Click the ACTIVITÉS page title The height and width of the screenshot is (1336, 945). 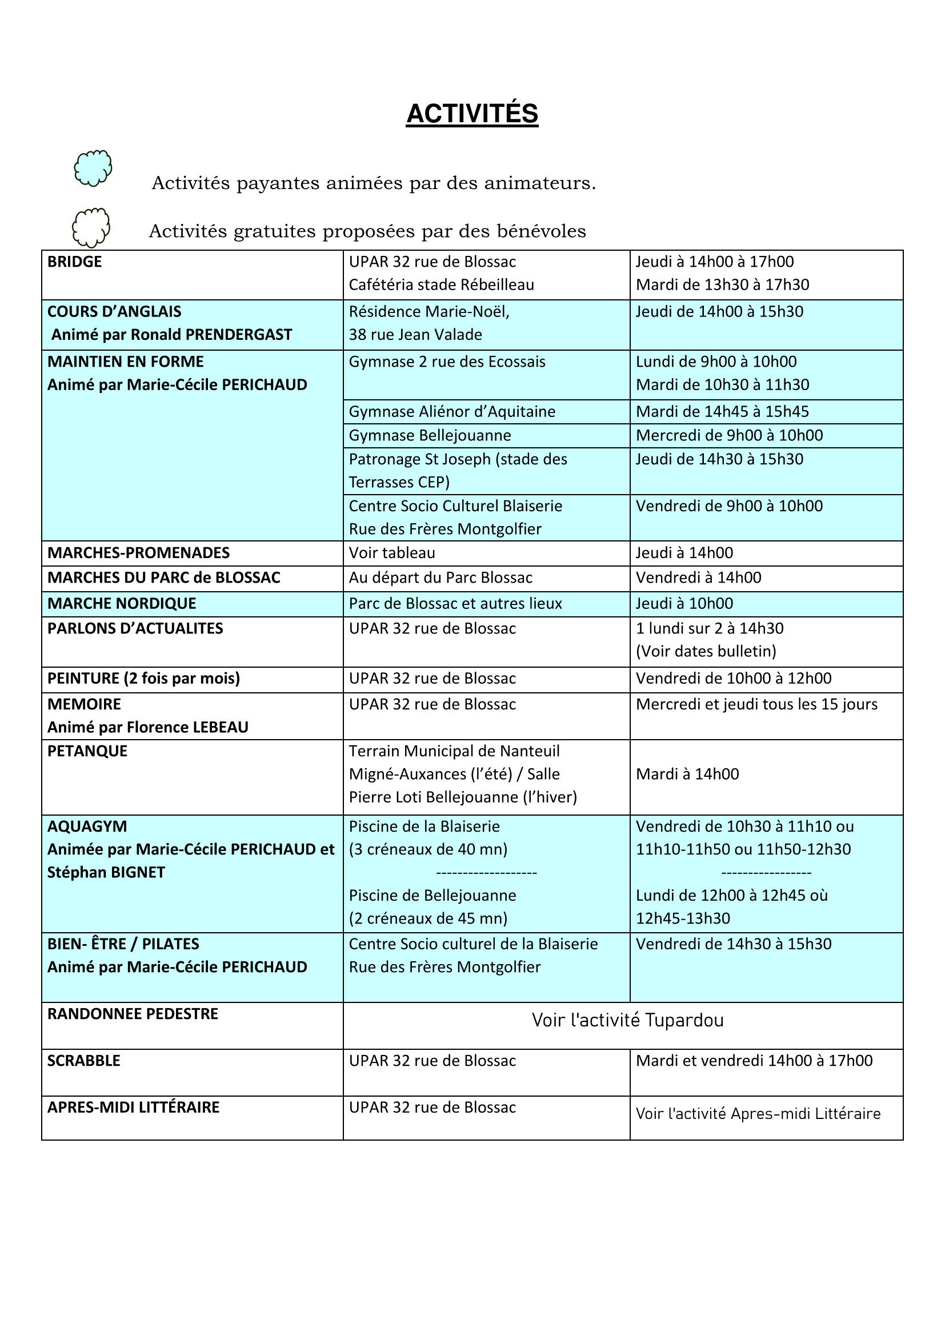click(x=472, y=114)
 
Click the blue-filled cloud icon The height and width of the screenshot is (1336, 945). click(x=93, y=168)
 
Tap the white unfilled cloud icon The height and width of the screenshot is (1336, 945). click(x=91, y=227)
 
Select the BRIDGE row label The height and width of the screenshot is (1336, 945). click(x=74, y=262)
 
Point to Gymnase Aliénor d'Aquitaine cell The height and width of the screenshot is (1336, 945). click(x=451, y=411)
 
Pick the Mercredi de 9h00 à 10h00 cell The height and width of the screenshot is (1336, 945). click(x=729, y=435)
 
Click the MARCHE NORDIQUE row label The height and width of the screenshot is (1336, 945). click(x=122, y=603)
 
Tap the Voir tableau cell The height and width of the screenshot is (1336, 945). click(x=391, y=553)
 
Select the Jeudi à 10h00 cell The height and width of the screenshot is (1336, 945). click(x=684, y=603)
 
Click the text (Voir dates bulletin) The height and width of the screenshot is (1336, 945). click(x=706, y=651)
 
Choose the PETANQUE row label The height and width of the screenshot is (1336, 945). click(x=87, y=751)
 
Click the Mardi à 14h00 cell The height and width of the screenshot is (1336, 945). click(x=687, y=774)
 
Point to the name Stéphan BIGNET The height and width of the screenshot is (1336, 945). click(x=106, y=872)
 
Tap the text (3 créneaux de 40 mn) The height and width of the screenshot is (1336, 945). click(x=428, y=849)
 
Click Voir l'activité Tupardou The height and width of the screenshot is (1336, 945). click(x=627, y=1020)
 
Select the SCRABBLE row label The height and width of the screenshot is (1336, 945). click(x=84, y=1061)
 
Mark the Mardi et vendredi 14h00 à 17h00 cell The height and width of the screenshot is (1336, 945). click(x=754, y=1061)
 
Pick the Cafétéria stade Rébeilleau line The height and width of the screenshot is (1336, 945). click(x=441, y=284)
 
